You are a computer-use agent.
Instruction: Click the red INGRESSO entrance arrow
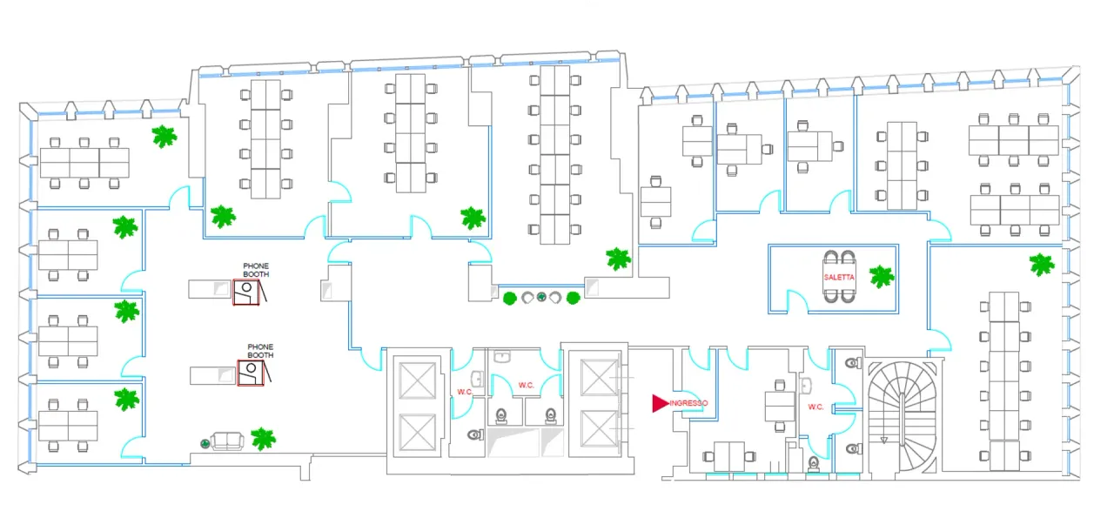(660, 403)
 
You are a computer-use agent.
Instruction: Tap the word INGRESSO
(688, 403)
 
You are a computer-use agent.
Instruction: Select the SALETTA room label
(839, 277)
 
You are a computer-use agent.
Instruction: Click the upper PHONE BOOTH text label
(256, 270)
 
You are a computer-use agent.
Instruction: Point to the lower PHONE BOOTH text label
(260, 351)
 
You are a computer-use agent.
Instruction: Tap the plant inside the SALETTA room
(882, 277)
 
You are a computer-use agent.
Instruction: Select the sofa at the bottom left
(228, 441)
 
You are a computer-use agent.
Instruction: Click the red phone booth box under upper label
(246, 292)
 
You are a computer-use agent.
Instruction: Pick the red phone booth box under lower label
(250, 372)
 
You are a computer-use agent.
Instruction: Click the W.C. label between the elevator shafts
(526, 385)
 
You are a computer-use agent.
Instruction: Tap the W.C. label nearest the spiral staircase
(815, 407)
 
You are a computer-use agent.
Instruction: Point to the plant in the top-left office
(164, 136)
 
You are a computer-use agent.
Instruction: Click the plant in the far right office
(1041, 264)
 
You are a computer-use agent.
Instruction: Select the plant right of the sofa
(263, 438)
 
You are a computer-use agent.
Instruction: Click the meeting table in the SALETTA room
(839, 277)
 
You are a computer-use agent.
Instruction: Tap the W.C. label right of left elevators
(465, 392)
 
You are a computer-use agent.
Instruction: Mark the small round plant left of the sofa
(205, 443)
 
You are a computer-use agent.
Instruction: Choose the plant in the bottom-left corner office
(127, 399)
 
